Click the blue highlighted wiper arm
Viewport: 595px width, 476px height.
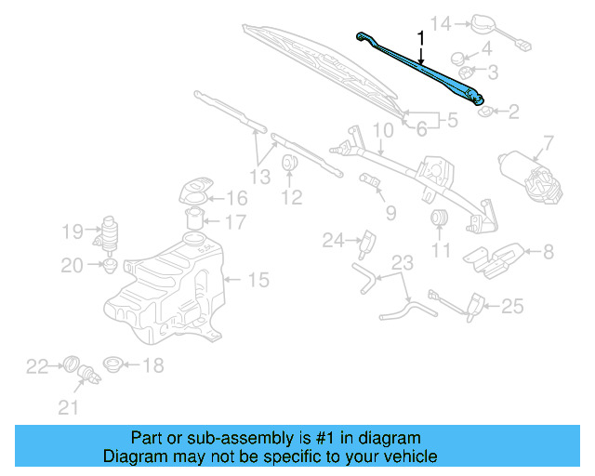click(423, 71)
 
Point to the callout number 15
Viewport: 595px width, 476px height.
click(258, 278)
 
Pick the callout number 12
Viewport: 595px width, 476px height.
click(292, 197)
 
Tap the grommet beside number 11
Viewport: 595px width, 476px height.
click(441, 218)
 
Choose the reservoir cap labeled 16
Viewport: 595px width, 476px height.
click(193, 194)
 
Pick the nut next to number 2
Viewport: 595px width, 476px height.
click(485, 112)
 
